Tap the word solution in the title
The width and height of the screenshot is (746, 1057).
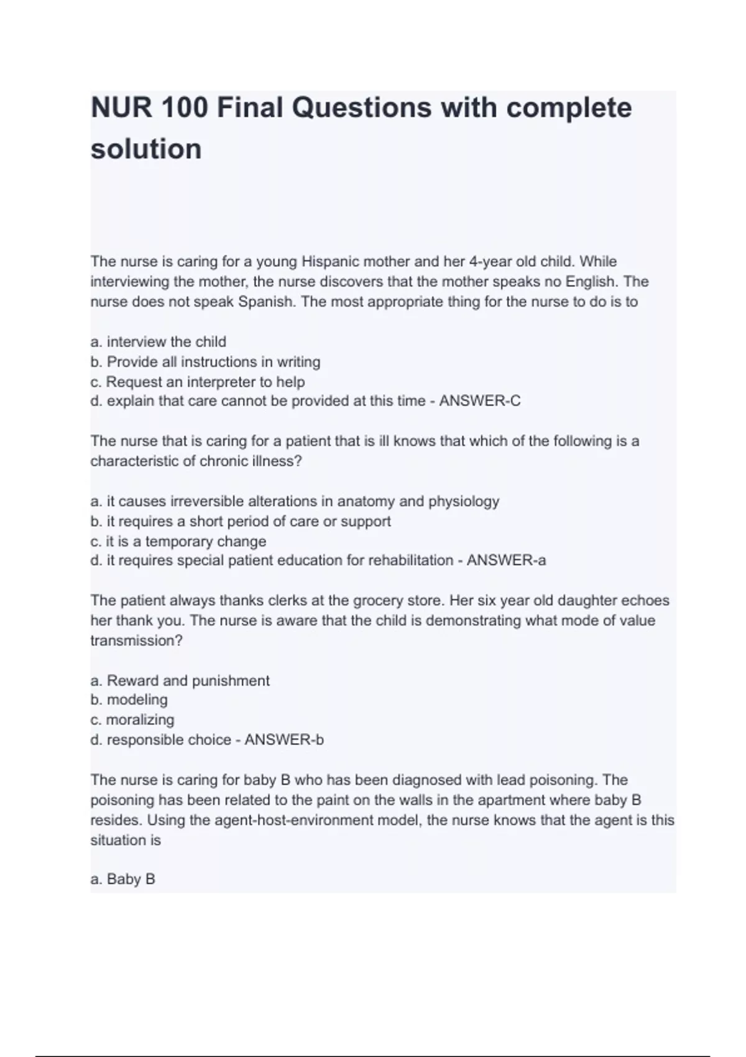click(146, 149)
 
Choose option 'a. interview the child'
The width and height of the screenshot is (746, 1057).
click(159, 341)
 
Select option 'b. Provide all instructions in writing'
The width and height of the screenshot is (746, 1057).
click(205, 361)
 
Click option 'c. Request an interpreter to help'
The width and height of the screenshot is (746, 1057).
click(198, 381)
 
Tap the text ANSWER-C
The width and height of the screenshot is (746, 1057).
click(480, 401)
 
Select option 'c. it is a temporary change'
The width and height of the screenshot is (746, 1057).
click(178, 541)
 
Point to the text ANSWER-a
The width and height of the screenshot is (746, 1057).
click(506, 560)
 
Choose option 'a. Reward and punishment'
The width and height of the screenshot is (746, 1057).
click(180, 680)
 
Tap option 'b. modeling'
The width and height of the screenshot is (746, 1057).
click(129, 699)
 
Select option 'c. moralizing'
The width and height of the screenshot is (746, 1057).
click(132, 719)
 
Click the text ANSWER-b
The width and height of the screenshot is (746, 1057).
click(284, 739)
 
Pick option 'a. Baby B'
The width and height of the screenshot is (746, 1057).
click(123, 879)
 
